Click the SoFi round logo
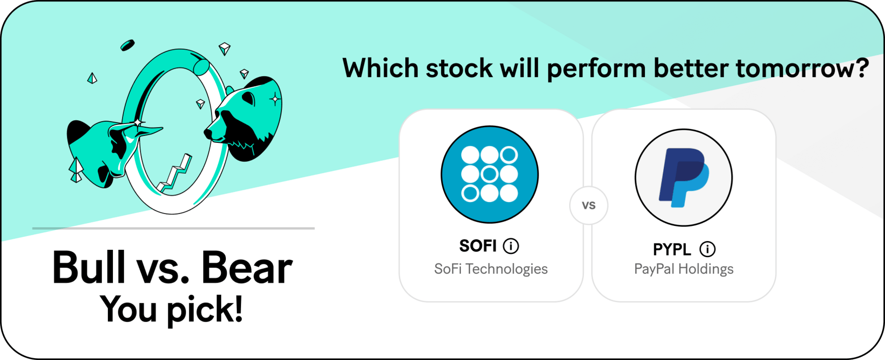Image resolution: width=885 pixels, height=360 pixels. pos(490,174)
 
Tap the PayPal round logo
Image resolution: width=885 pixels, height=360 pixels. pos(684,177)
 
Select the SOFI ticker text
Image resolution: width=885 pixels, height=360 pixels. pos(478,246)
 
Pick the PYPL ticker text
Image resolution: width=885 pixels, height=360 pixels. pos(672,249)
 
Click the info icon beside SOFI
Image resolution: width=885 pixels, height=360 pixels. pos(511,246)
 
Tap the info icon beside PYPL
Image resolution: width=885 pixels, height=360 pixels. pos(708,249)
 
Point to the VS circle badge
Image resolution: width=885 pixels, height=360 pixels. pos(589,205)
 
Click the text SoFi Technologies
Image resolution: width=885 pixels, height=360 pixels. pos(491,269)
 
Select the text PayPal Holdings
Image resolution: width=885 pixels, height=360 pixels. pos(684,269)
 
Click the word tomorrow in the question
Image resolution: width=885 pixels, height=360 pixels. pos(802,69)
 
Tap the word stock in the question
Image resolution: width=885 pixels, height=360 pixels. pos(459,69)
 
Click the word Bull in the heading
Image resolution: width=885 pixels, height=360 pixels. pos(89,267)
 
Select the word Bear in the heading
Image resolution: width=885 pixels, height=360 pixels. pos(247,267)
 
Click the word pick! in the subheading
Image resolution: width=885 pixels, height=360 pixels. pos(205,309)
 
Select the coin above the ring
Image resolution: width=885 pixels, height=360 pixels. pos(127,45)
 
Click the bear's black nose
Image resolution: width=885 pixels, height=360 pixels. pos(208,134)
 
